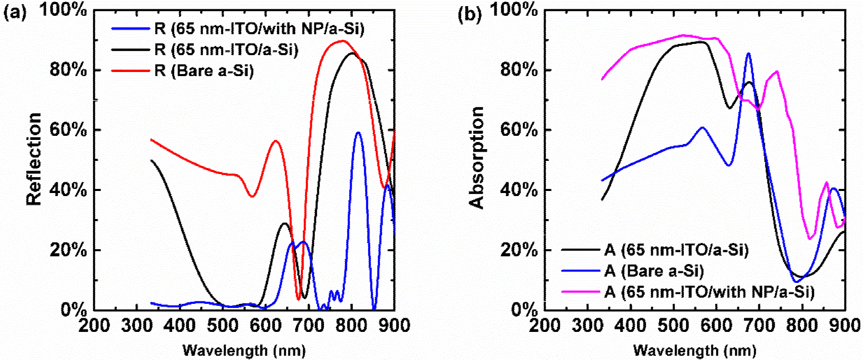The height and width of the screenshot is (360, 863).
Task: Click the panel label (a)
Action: pyautogui.click(x=15, y=12)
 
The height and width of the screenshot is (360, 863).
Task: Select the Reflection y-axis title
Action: pyautogui.click(x=34, y=159)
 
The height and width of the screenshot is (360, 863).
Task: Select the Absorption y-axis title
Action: pyautogui.click(x=476, y=158)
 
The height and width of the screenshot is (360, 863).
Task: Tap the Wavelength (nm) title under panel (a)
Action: pyautogui.click(x=244, y=350)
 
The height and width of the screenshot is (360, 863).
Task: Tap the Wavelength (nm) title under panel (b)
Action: pyautogui.click(x=695, y=350)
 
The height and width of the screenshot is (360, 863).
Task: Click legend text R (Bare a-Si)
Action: pyautogui.click(x=204, y=70)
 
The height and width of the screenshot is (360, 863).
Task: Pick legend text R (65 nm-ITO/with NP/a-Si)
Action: pyautogui.click(x=259, y=28)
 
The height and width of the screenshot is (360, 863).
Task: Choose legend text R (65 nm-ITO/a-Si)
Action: pyautogui.click(x=226, y=50)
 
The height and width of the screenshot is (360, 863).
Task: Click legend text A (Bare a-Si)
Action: pyautogui.click(x=654, y=271)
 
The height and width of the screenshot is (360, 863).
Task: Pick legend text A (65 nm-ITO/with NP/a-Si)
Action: pyautogui.click(x=709, y=292)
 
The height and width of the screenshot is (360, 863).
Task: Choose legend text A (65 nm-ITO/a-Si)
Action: pyautogui.click(x=676, y=250)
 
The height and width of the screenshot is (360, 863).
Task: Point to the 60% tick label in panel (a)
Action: pyautogui.click(x=68, y=130)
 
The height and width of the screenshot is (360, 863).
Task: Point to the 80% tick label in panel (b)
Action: pyautogui.click(x=519, y=69)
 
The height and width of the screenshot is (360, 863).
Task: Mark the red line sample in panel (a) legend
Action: pyautogui.click(x=130, y=70)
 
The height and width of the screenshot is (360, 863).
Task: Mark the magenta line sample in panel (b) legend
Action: pyautogui.click(x=580, y=292)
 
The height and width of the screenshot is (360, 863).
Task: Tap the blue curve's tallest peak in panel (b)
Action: pyautogui.click(x=748, y=53)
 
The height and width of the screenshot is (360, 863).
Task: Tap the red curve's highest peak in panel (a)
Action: pyautogui.click(x=342, y=41)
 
